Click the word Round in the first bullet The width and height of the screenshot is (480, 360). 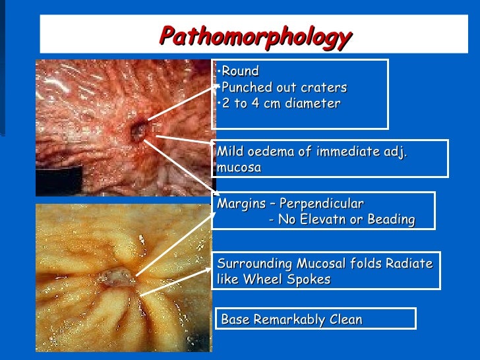241,71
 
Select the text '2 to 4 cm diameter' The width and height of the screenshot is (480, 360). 281,104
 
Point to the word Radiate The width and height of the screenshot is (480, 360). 410,264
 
